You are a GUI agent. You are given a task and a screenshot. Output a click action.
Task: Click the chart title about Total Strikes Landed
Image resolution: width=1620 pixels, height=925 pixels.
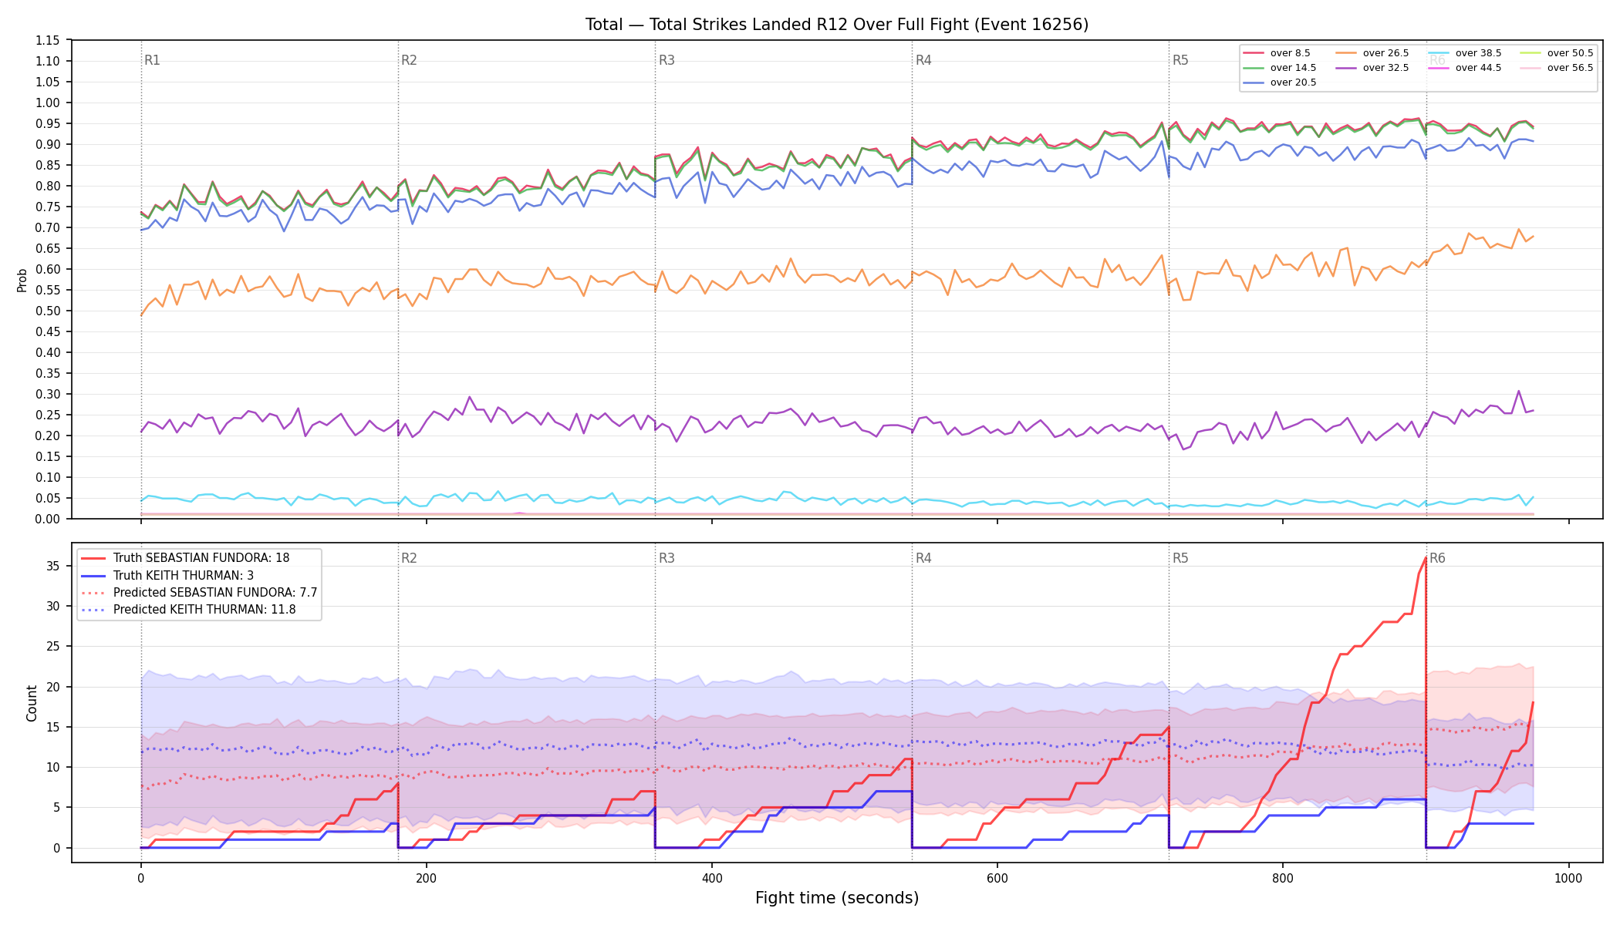pyautogui.click(x=837, y=25)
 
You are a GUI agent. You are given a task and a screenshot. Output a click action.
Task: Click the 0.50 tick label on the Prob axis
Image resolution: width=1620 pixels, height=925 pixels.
pyautogui.click(x=48, y=311)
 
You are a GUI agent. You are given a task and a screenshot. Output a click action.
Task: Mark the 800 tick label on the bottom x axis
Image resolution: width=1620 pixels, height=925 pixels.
pyautogui.click(x=1283, y=879)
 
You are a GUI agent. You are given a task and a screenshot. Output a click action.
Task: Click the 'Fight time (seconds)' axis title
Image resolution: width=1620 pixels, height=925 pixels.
pyautogui.click(x=837, y=898)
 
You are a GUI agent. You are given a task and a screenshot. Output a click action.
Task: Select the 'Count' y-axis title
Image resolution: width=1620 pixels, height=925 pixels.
pyautogui.click(x=32, y=703)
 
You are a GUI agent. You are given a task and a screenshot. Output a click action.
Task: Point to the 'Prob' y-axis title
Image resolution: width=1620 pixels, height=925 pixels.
pyautogui.click(x=22, y=280)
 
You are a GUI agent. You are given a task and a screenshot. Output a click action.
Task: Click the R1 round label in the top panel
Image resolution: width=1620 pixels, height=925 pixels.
pyautogui.click(x=152, y=60)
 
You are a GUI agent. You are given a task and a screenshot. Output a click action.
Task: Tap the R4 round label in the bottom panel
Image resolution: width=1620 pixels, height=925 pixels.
pyautogui.click(x=923, y=558)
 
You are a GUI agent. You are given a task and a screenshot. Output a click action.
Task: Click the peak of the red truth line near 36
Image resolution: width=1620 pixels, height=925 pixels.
pyautogui.click(x=1425, y=558)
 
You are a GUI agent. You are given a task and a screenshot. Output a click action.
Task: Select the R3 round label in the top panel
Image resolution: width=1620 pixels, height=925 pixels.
pyautogui.click(x=667, y=60)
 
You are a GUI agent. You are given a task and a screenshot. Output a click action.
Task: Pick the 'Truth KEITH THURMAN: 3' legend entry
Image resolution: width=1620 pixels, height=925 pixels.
pyautogui.click(x=184, y=576)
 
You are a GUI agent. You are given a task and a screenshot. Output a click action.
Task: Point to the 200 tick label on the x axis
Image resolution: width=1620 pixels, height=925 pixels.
pyautogui.click(x=426, y=879)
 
